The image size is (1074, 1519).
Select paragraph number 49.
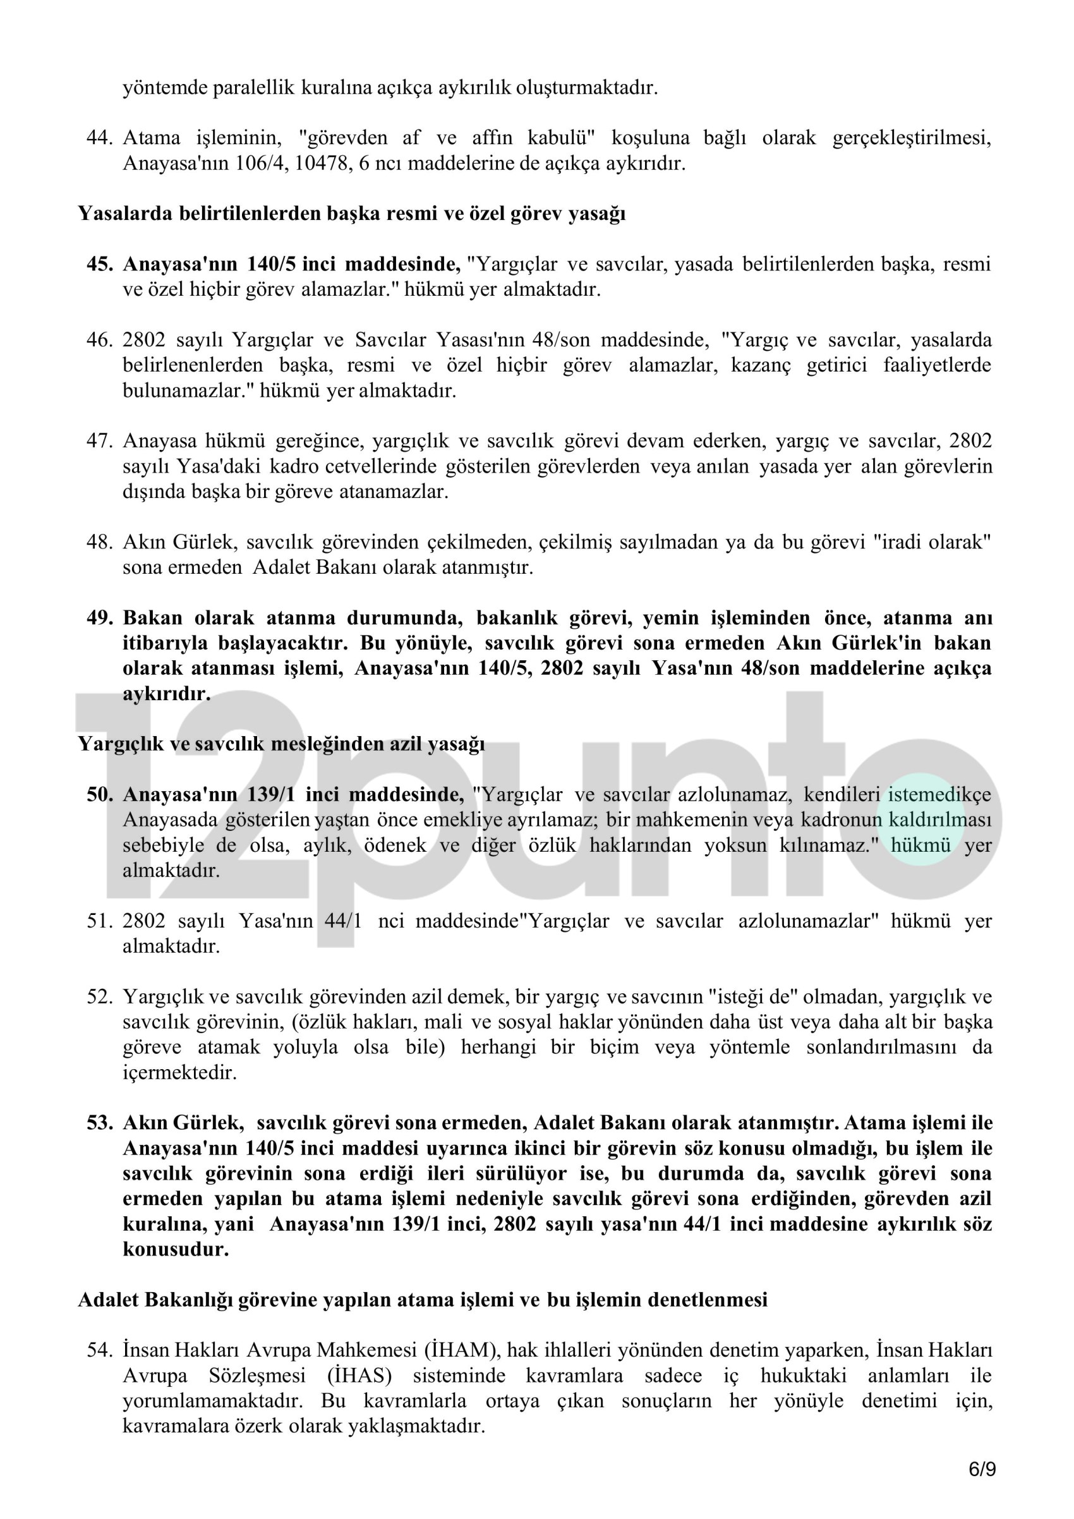99,618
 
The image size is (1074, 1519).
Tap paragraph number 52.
99,996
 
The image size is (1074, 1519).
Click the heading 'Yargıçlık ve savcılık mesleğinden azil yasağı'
281,744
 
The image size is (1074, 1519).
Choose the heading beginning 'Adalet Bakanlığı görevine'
423,1299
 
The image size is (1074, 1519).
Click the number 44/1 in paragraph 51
343,921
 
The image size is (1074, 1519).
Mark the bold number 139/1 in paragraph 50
272,794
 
